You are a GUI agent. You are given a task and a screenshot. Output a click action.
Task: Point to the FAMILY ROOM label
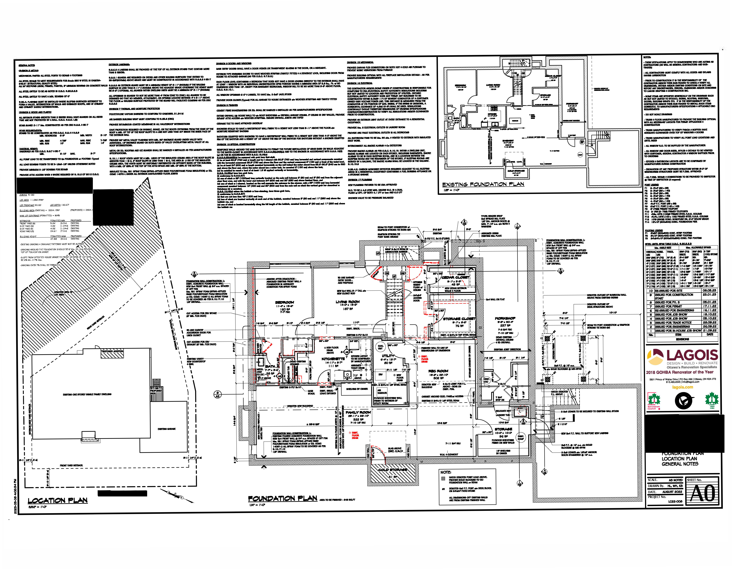[358, 412]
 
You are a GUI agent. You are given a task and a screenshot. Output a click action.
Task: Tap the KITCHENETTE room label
[333, 359]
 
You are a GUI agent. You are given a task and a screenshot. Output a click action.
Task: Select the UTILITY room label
[388, 356]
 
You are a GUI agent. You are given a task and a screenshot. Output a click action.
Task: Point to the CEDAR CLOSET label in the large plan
[455, 277]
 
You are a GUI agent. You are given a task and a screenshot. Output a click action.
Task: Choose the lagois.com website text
[682, 387]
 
